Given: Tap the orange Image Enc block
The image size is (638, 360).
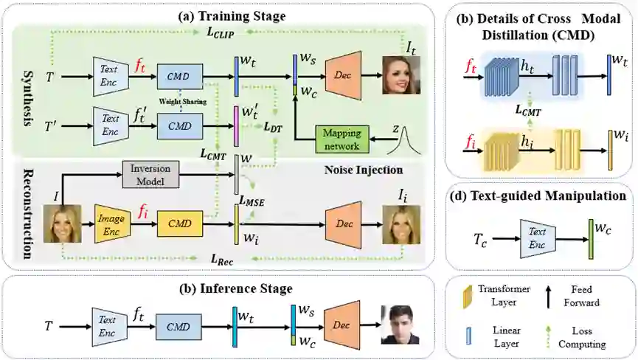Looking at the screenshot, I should (x=111, y=220).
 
